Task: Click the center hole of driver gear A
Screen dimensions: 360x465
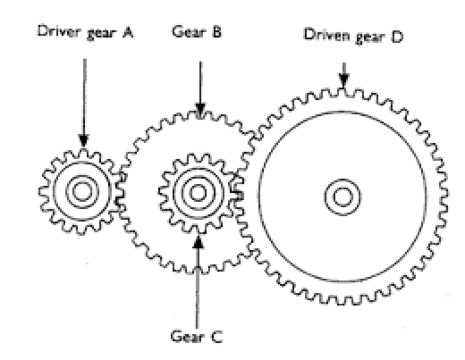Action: [83, 189]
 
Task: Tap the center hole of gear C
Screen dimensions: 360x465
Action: [196, 190]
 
